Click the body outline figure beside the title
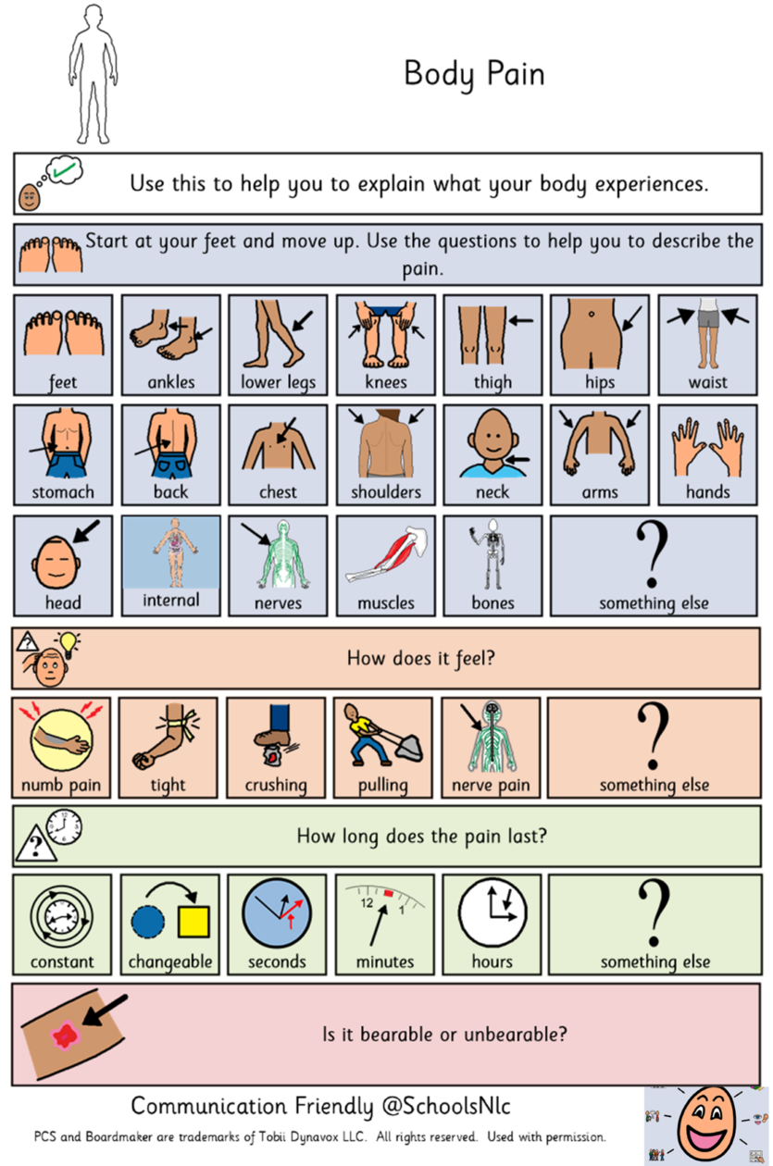[x=93, y=74]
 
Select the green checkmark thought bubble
[x=65, y=169]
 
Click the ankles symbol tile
[x=171, y=345]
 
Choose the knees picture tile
[x=385, y=345]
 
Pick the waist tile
[x=707, y=345]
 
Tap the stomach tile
[x=63, y=455]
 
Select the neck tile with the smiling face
[x=492, y=455]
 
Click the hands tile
[x=707, y=455]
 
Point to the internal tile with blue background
[x=171, y=565]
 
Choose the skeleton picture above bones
[x=491, y=553]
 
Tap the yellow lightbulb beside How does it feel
[x=69, y=643]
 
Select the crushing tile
[x=276, y=748]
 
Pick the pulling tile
[x=383, y=748]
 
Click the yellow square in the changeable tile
[x=193, y=922]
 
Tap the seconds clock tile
[x=277, y=924]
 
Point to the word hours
[x=492, y=961]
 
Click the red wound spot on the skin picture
[x=65, y=1035]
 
